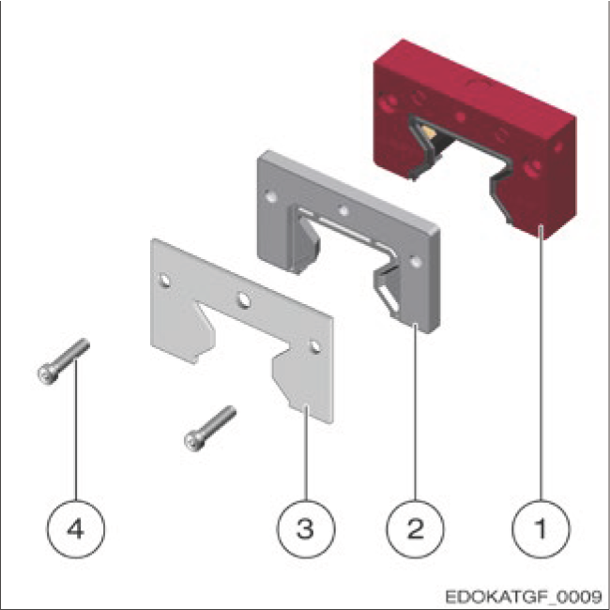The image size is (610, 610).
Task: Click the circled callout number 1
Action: pyautogui.click(x=541, y=529)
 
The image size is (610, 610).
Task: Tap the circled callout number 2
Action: pyautogui.click(x=415, y=529)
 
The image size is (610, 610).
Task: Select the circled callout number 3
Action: pyautogui.click(x=306, y=529)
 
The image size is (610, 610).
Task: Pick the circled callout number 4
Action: pyautogui.click(x=76, y=529)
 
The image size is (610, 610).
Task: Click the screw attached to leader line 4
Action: pyautogui.click(x=64, y=361)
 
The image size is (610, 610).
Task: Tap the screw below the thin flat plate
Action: pyautogui.click(x=210, y=429)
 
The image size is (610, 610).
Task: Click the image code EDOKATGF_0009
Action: pyautogui.click(x=524, y=596)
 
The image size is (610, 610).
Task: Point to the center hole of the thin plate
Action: pyautogui.click(x=244, y=300)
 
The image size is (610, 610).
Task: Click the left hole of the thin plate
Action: pyautogui.click(x=164, y=281)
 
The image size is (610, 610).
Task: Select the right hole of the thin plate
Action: pyautogui.click(x=315, y=346)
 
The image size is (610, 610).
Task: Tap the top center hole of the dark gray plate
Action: pyautogui.click(x=343, y=211)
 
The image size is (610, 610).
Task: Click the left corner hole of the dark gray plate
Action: pyautogui.click(x=271, y=197)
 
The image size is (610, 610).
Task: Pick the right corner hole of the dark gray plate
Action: pyautogui.click(x=416, y=262)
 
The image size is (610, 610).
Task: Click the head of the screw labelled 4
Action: pyautogui.click(x=47, y=374)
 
